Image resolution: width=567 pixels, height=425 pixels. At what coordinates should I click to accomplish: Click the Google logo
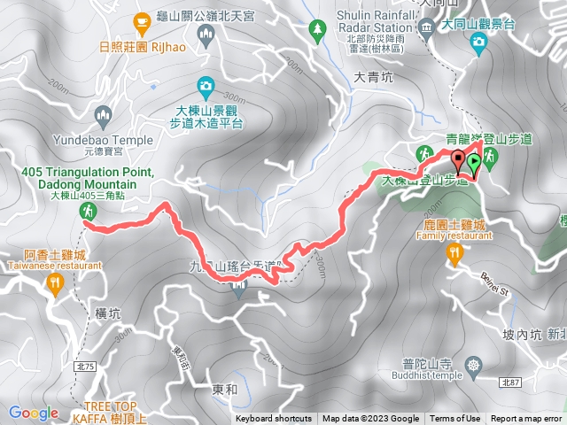[34, 413]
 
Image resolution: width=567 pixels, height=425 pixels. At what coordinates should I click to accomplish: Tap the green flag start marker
[474, 162]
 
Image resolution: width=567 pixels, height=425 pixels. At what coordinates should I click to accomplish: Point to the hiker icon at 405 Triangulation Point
[88, 211]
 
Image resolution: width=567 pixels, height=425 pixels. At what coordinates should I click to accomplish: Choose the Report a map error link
[527, 419]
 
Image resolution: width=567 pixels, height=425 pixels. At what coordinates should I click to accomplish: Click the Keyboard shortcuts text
[274, 419]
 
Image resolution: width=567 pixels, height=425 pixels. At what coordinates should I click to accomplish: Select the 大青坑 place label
[371, 78]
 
